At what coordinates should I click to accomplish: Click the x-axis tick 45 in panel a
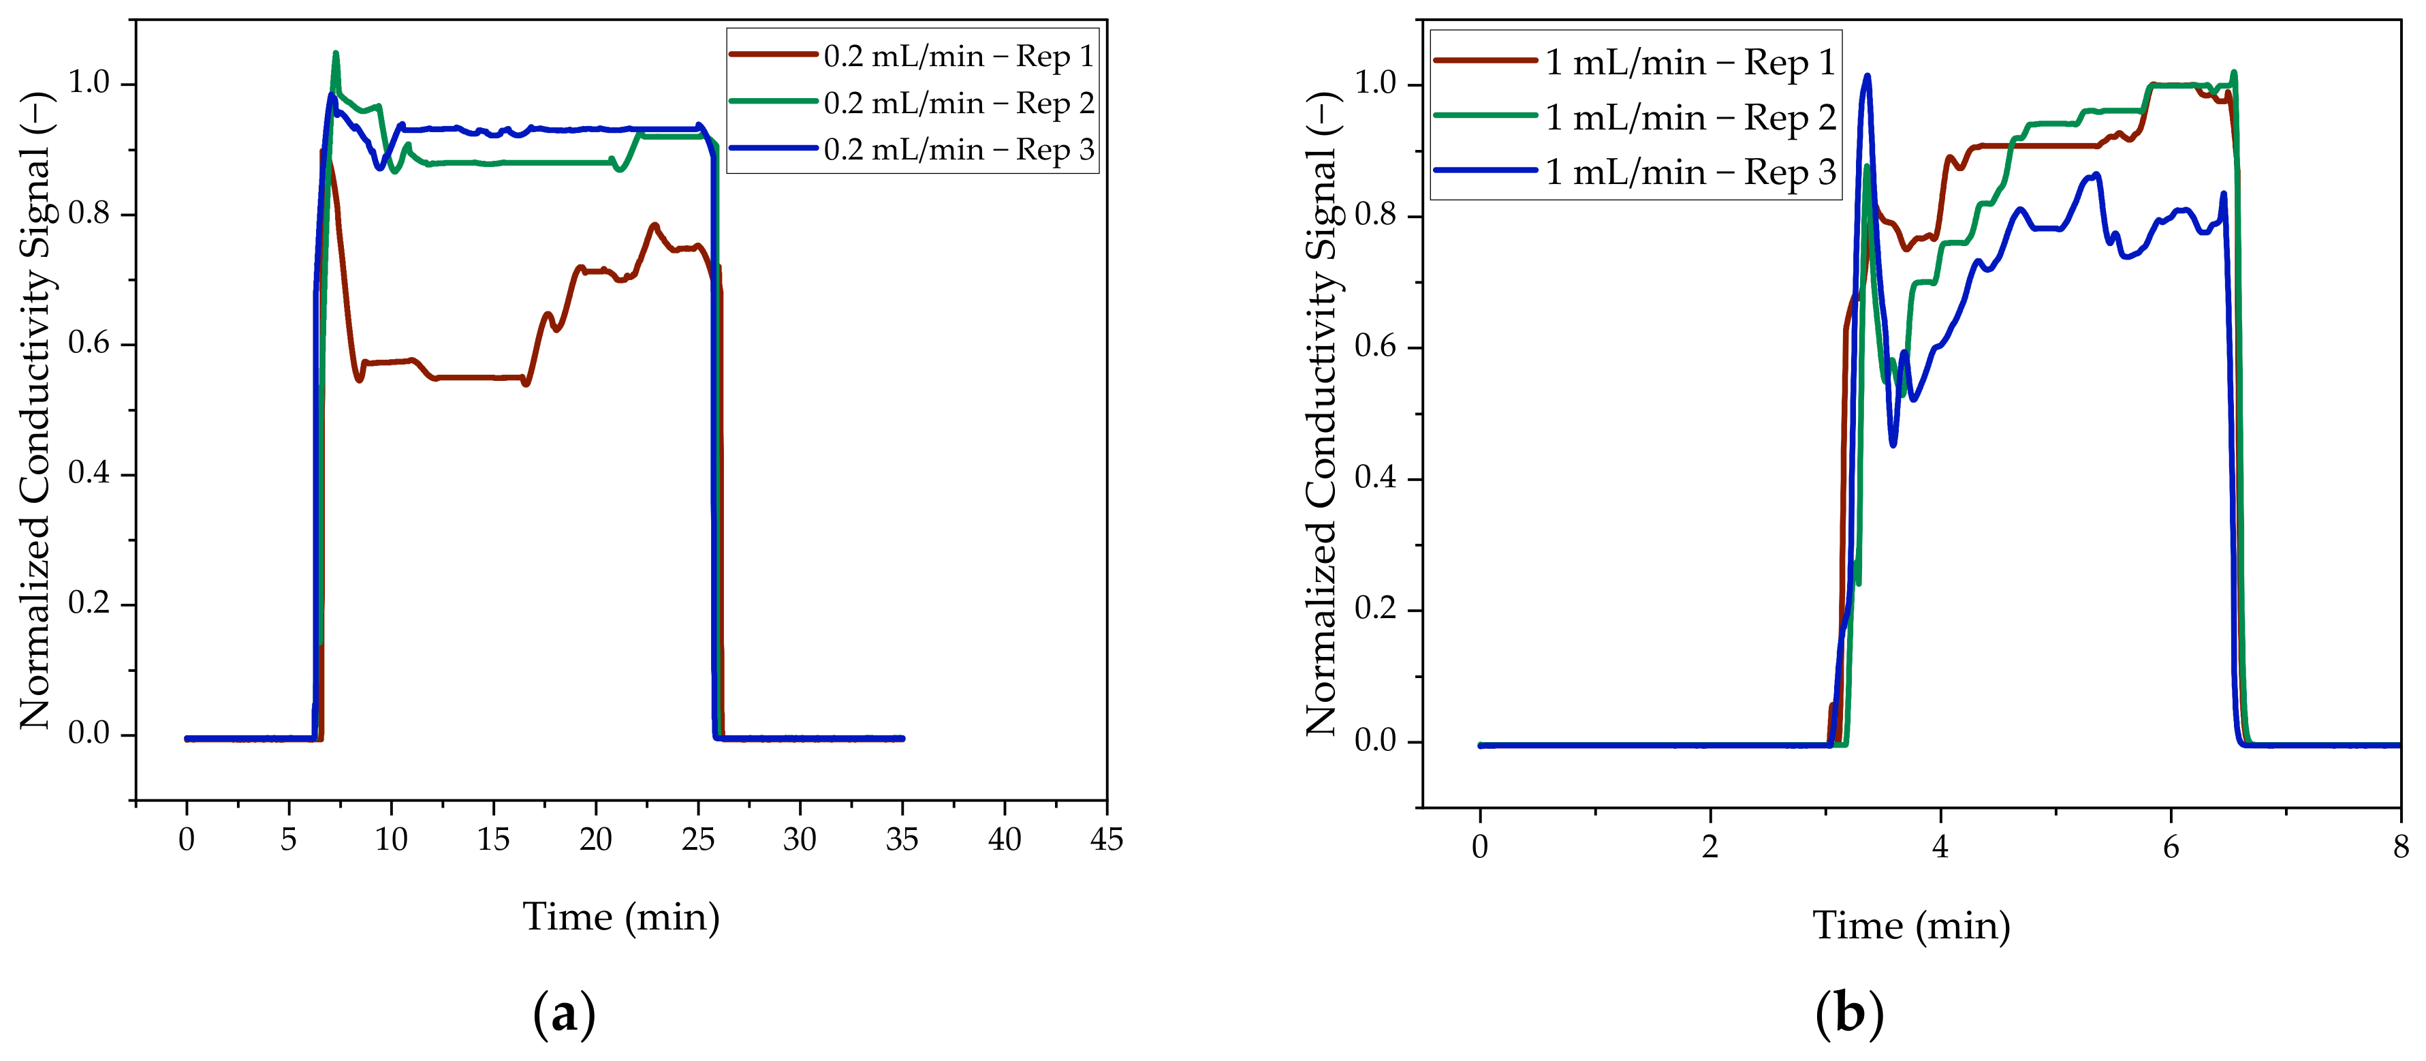1107,839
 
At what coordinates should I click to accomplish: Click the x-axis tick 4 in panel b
1940,846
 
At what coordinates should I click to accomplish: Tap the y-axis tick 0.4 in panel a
89,473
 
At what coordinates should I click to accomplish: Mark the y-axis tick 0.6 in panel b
1375,347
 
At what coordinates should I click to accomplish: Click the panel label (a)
564,1015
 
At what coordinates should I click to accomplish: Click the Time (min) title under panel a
620,917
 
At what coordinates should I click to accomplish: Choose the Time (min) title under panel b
1912,925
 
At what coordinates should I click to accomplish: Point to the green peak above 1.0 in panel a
335,54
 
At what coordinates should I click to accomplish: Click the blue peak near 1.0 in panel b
1868,76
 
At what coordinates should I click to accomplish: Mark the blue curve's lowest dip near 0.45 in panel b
1893,444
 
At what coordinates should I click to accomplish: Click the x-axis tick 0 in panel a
187,839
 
